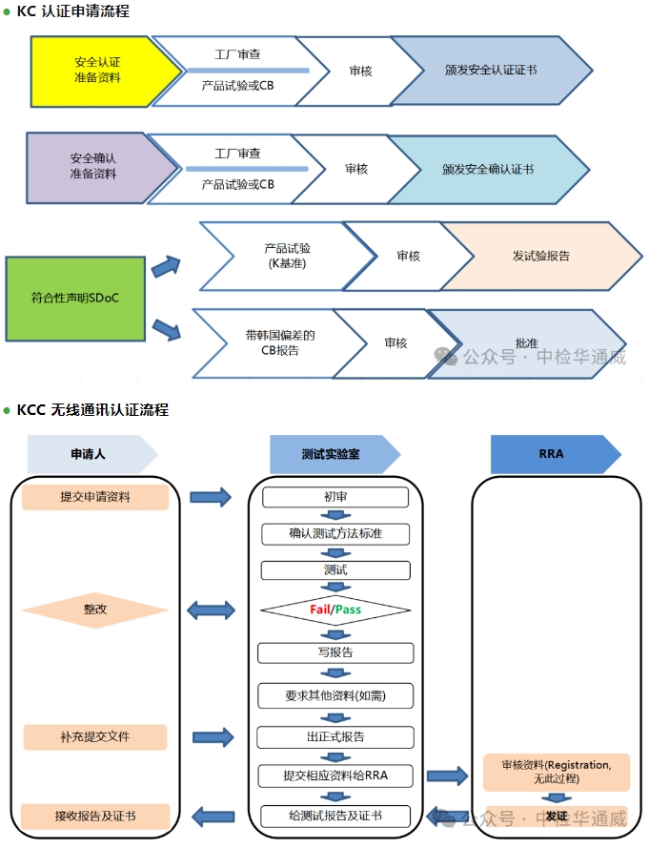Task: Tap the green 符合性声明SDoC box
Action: (75, 298)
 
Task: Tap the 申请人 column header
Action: (91, 454)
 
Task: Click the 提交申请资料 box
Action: (95, 497)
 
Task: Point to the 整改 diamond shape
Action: (95, 610)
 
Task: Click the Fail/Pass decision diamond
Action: (335, 610)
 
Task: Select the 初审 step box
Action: (335, 497)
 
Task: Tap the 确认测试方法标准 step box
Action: (335, 533)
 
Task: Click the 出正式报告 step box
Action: (335, 737)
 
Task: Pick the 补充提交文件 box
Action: (95, 736)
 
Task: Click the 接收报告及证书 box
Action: (95, 817)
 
